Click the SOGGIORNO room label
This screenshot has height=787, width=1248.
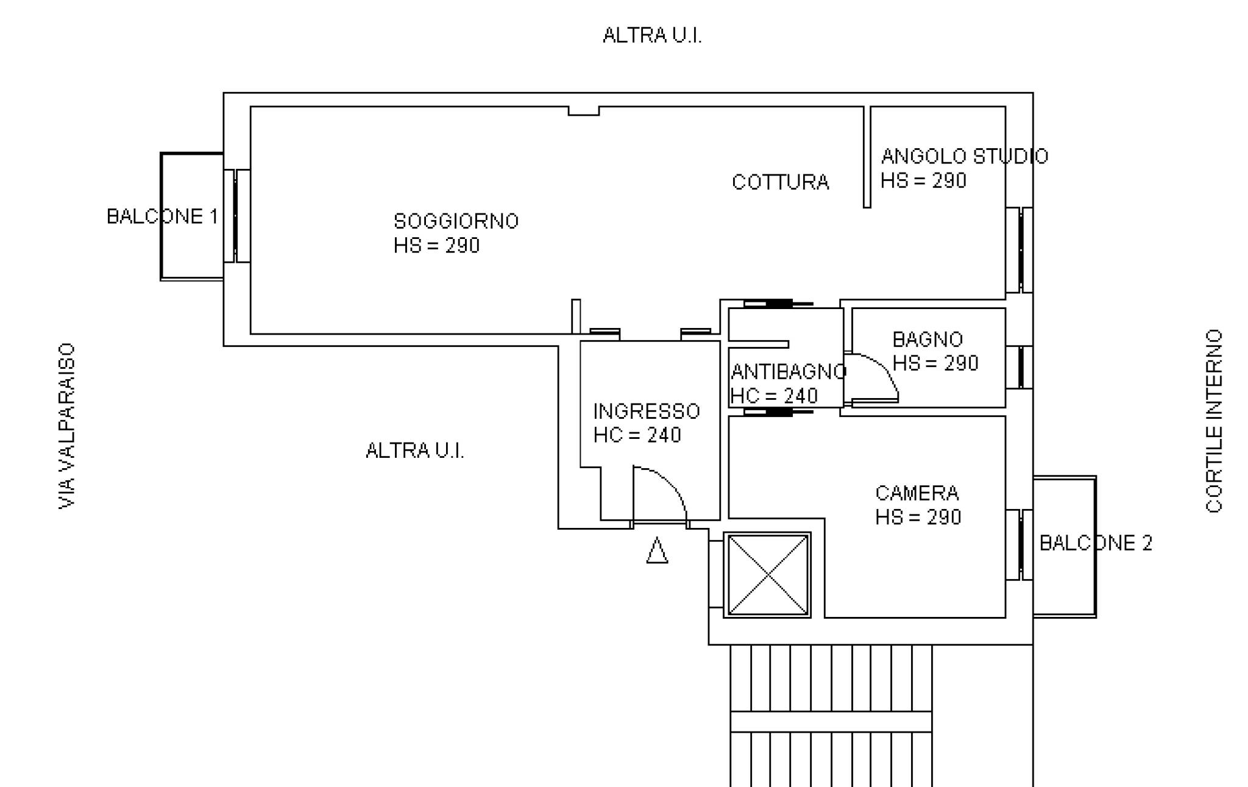click(456, 221)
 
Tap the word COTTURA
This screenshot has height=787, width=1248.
click(780, 182)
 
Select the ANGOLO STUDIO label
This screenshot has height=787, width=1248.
click(964, 156)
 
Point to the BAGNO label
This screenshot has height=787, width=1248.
click(927, 339)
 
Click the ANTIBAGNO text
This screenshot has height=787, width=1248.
click(789, 371)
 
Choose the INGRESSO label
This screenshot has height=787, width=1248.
click(647, 411)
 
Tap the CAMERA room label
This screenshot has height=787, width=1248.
click(916, 493)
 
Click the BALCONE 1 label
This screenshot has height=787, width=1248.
click(162, 216)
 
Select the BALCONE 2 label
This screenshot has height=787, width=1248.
click(1096, 543)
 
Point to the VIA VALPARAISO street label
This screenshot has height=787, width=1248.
click(66, 426)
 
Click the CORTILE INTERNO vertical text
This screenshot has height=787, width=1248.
click(1214, 421)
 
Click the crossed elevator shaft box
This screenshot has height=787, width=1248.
click(767, 575)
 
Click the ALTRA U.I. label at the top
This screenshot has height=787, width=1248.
click(652, 35)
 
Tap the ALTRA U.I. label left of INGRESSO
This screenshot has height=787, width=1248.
click(414, 450)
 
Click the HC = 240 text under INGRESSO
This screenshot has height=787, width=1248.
click(637, 435)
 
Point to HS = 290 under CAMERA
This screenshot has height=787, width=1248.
click(918, 517)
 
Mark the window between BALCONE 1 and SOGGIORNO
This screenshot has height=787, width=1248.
click(236, 216)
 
